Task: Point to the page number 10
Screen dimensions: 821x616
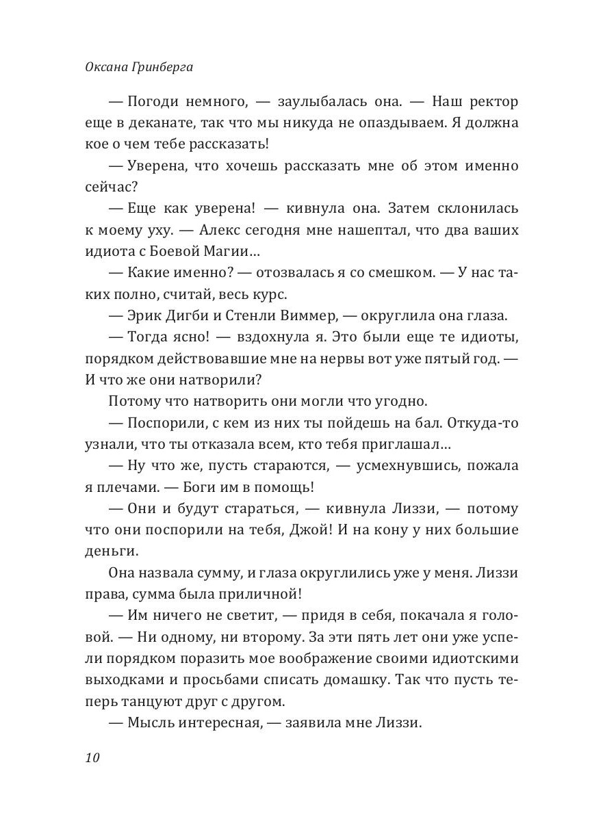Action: tap(93, 757)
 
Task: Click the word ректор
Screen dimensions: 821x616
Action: tap(493, 102)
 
